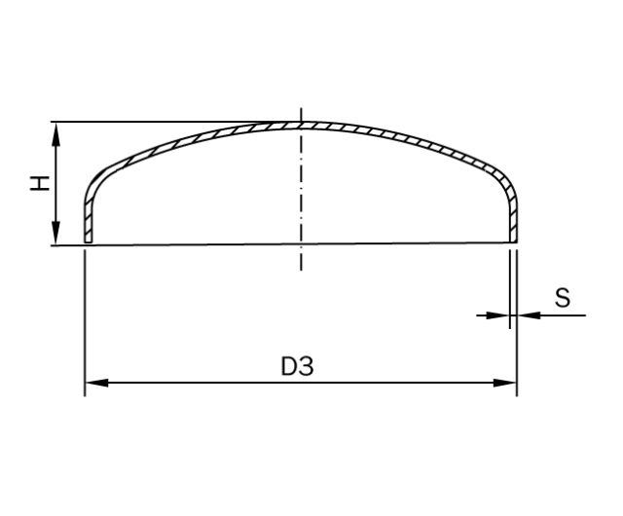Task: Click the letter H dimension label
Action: [x=39, y=183]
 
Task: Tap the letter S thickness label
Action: [x=563, y=298]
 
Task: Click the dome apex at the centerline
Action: [x=301, y=124]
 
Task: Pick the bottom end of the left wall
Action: [x=88, y=240]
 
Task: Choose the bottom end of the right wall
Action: [x=513, y=240]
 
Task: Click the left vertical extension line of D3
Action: [x=86, y=321]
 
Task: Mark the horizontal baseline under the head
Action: [x=195, y=244]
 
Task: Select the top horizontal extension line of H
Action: [x=146, y=122]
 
